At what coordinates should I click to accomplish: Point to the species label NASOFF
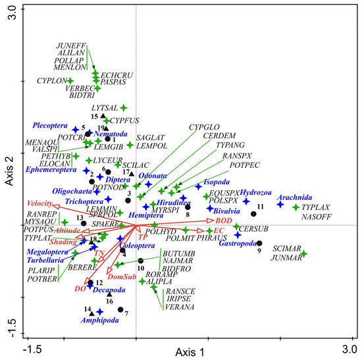(315, 215)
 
